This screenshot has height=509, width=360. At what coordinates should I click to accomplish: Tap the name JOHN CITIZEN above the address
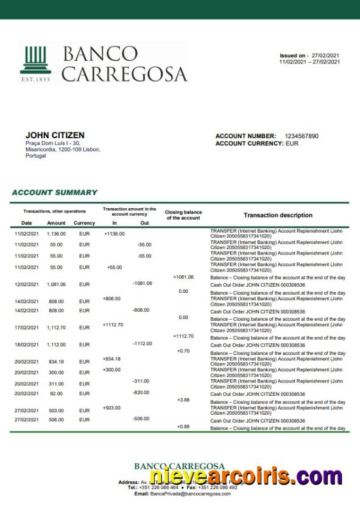click(55, 135)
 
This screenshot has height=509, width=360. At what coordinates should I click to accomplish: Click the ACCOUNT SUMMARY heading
click(54, 192)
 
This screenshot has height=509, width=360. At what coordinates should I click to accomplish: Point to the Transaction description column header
click(278, 216)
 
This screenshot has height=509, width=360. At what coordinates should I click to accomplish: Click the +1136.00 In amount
click(114, 233)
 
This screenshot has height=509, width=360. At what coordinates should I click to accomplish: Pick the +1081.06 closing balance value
click(183, 277)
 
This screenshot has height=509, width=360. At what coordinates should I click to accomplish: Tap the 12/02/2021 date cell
click(26, 284)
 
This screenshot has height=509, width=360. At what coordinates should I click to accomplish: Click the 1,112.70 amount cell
click(56, 328)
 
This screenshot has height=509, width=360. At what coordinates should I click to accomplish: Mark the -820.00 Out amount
click(141, 393)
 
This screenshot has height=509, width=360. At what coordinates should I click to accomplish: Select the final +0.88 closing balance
click(183, 426)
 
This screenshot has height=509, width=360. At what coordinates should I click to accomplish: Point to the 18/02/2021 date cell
click(26, 345)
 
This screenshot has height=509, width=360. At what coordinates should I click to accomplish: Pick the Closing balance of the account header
click(183, 216)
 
